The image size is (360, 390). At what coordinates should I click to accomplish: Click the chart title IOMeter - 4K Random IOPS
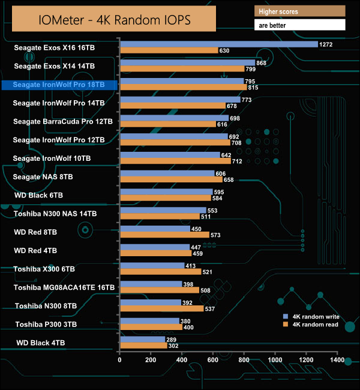click(115, 19)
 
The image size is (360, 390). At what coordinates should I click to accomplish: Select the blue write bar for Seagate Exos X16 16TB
click(218, 44)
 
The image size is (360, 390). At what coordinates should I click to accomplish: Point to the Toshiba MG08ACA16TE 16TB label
click(64, 288)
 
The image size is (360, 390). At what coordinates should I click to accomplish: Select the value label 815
click(253, 88)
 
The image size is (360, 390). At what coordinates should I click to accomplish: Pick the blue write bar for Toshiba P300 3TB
click(149, 321)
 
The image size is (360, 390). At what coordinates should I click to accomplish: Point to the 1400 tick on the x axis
click(337, 360)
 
